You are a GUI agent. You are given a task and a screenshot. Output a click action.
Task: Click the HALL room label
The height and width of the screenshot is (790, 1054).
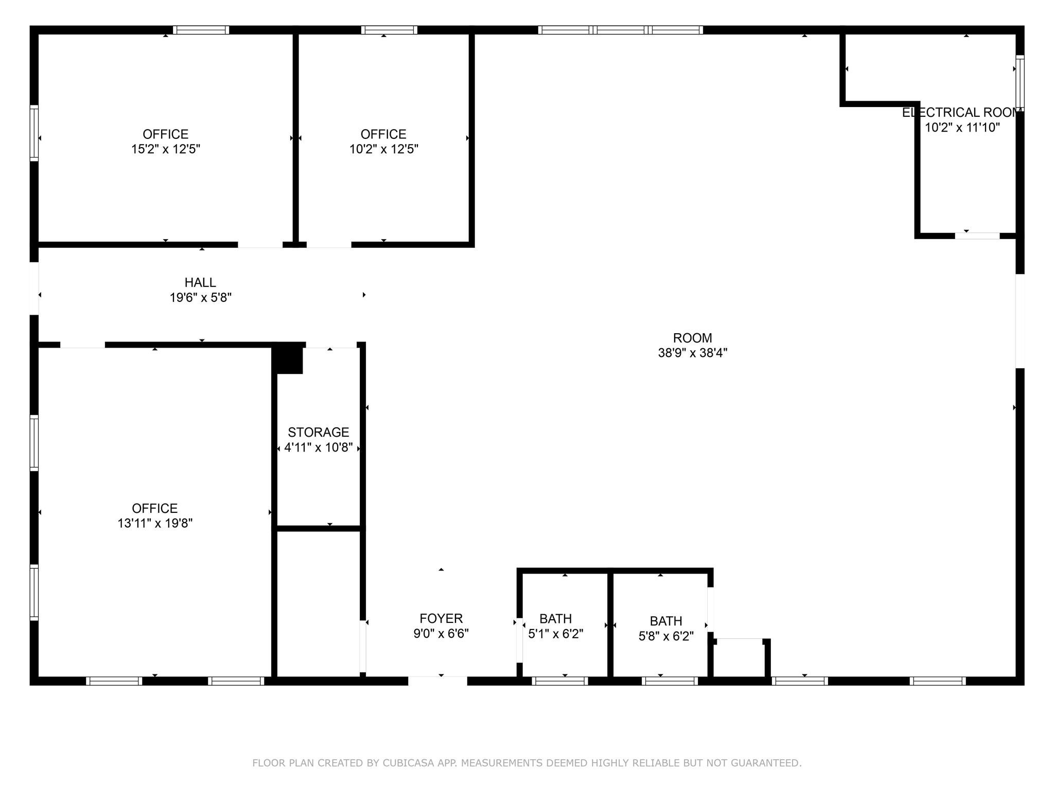tap(200, 282)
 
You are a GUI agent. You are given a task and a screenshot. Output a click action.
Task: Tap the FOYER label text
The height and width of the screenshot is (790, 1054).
tap(441, 618)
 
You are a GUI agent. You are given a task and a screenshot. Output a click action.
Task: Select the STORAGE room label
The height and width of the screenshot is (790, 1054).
tap(318, 432)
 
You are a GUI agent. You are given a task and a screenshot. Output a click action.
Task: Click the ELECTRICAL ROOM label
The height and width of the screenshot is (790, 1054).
tap(961, 113)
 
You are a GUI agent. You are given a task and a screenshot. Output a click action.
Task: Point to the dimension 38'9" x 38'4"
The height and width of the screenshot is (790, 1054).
tap(692, 353)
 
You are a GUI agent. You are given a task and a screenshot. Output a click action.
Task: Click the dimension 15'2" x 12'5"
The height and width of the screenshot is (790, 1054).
tap(165, 149)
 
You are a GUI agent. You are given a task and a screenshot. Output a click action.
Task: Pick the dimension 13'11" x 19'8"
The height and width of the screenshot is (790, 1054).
tap(154, 523)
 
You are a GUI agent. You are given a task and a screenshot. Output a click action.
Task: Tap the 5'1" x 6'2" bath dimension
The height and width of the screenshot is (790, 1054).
tap(555, 634)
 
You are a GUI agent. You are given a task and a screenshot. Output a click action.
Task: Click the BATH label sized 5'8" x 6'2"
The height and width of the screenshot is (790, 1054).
tap(665, 621)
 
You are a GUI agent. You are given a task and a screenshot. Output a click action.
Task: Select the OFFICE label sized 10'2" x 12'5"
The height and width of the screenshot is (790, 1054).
tap(383, 134)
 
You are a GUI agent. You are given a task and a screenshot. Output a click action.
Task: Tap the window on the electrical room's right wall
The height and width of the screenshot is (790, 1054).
tap(1020, 82)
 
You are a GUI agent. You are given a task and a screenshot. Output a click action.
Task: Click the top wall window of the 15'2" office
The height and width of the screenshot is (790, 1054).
tap(201, 30)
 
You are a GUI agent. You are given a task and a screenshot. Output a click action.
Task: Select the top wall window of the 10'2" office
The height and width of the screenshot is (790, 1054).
tap(389, 30)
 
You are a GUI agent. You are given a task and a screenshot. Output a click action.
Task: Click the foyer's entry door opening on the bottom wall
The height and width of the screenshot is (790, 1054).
tap(437, 681)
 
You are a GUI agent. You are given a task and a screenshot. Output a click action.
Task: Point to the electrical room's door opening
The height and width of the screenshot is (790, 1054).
tap(977, 236)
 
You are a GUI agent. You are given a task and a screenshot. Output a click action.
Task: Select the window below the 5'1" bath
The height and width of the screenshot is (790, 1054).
tap(560, 681)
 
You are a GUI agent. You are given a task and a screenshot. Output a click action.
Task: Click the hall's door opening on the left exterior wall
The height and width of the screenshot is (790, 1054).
tap(34, 289)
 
